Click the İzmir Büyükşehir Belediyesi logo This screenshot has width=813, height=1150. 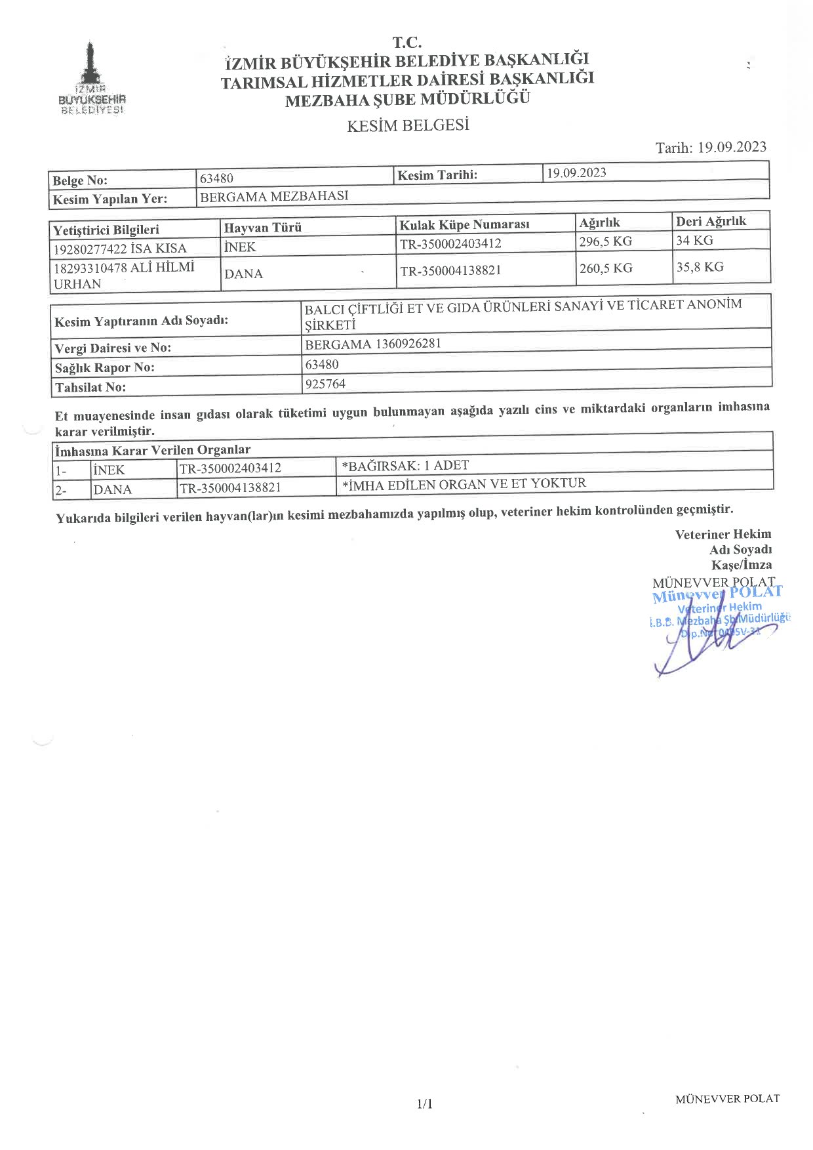tap(91, 79)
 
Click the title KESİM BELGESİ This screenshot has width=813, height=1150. tap(408, 125)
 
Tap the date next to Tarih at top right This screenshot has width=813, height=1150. tap(732, 147)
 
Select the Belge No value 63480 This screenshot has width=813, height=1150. tap(216, 178)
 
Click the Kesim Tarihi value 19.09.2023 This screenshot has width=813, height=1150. tap(576, 173)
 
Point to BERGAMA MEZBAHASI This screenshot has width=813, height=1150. tap(274, 196)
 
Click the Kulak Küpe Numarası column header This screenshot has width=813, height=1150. tap(464, 224)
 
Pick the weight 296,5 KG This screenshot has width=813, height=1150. tap(606, 241)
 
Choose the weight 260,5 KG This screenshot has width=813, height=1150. tap(606, 268)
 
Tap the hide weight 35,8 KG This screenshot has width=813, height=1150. tap(700, 267)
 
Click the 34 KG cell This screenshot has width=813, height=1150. tap(694, 240)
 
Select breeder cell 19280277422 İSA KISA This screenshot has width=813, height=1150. tap(120, 249)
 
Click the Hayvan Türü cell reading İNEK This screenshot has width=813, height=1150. tap(240, 247)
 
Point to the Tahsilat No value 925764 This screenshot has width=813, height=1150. tap(325, 384)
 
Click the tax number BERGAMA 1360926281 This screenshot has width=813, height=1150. tap(373, 344)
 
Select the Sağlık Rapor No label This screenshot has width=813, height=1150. tap(105, 367)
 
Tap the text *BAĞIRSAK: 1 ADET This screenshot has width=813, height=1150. tap(405, 466)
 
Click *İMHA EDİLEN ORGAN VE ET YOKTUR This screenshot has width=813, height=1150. tap(464, 484)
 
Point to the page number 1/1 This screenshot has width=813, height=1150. tap(425, 1104)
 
